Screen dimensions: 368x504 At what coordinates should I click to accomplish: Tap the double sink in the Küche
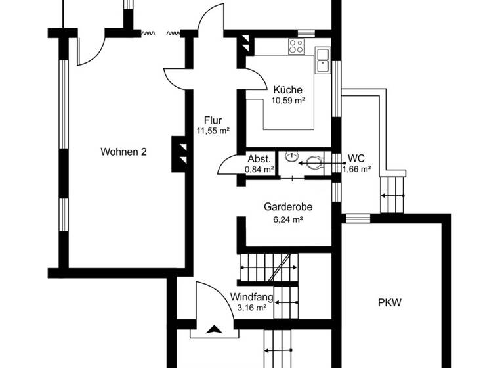(322, 60)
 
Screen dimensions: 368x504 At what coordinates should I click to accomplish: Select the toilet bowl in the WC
(314, 160)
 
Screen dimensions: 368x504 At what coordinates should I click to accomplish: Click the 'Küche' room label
(287, 90)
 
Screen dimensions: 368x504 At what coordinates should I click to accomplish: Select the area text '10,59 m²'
(287, 101)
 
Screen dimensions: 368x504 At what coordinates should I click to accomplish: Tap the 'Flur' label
(213, 120)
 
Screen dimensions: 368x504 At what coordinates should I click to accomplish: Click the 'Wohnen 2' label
(123, 152)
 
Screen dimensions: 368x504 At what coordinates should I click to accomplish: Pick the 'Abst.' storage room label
(259, 159)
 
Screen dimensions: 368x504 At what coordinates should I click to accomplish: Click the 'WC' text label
(356, 158)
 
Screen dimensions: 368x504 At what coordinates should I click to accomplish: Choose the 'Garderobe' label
(287, 206)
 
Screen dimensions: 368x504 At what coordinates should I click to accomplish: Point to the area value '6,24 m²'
(287, 219)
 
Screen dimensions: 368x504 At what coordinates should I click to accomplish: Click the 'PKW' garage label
(389, 303)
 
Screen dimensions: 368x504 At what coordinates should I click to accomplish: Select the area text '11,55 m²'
(213, 131)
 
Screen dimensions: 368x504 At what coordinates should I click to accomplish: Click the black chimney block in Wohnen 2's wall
(178, 153)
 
